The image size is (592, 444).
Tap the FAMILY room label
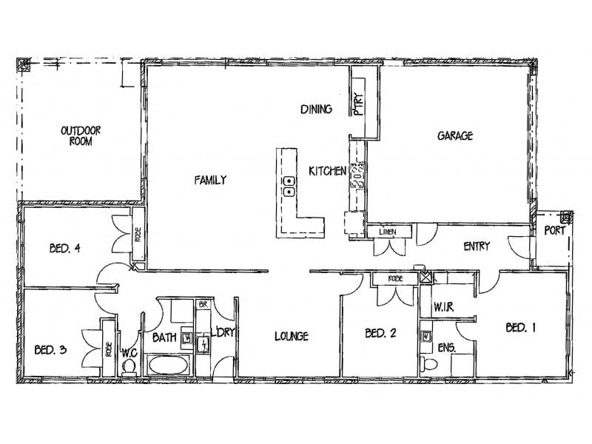(x=210, y=179)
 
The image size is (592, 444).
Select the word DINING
(x=315, y=110)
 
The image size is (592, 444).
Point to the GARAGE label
(x=454, y=136)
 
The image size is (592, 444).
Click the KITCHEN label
(x=328, y=171)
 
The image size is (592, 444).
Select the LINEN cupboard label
(x=388, y=232)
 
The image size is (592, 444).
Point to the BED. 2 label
(x=382, y=334)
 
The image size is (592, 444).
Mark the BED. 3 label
(x=52, y=349)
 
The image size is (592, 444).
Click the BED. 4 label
(x=67, y=249)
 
